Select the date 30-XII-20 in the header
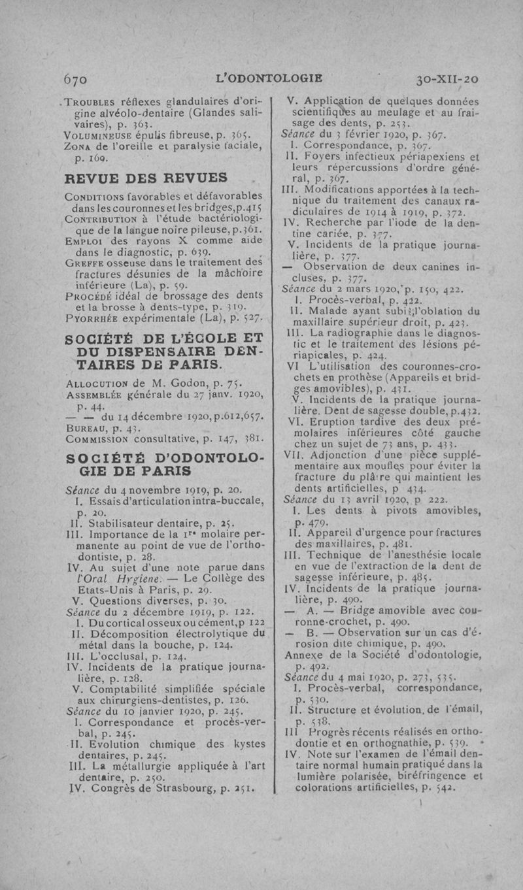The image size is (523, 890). pos(447,80)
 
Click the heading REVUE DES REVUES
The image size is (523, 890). pos(146,178)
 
